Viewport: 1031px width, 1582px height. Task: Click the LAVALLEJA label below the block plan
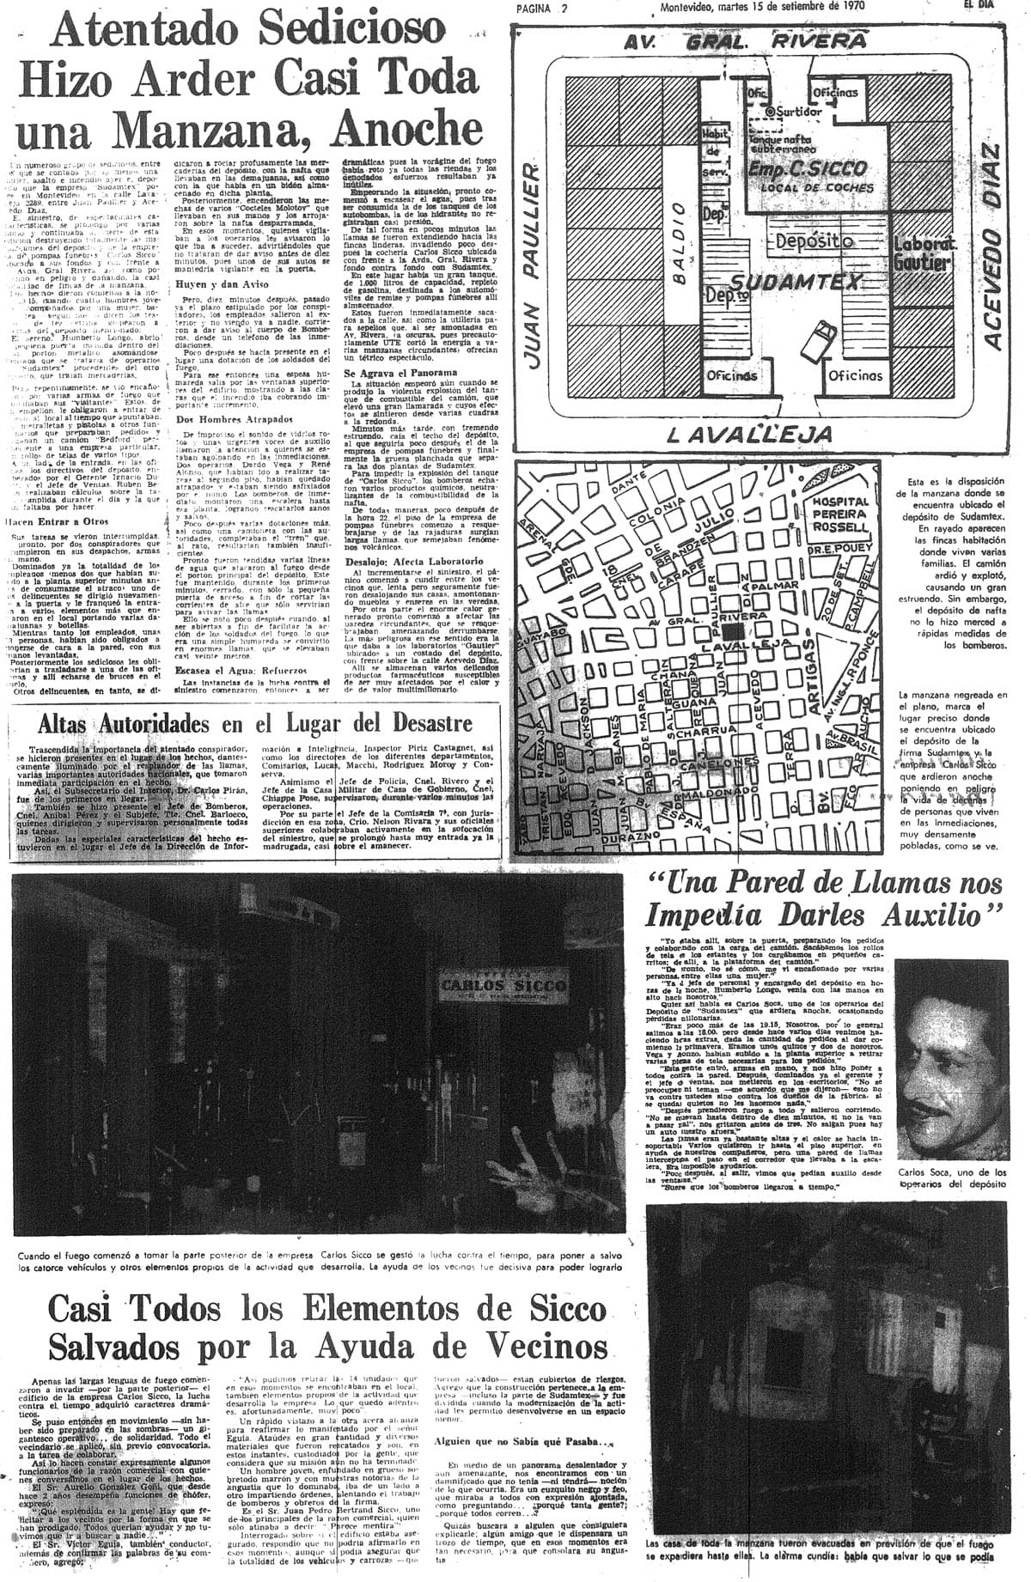pyautogui.click(x=737, y=434)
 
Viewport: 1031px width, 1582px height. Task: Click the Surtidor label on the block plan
pyautogui.click(x=798, y=112)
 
